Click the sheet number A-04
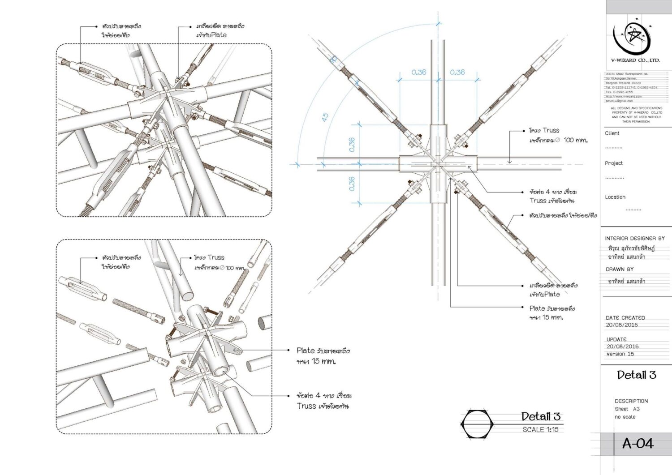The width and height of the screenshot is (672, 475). point(638,444)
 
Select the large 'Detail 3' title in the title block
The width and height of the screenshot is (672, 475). point(636,375)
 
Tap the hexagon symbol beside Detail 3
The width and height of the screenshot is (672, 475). point(477,424)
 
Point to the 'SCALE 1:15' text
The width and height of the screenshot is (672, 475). point(540,430)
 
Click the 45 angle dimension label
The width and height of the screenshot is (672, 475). point(325,116)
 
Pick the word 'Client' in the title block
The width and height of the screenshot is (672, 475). point(612,133)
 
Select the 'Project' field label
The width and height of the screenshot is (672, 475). point(614,163)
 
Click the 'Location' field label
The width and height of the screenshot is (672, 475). point(615,197)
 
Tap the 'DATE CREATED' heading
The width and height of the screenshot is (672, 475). point(625,317)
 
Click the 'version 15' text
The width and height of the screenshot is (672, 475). point(620,354)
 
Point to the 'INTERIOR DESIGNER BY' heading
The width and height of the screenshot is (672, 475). point(635,239)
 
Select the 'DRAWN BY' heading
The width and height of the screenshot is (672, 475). point(620,270)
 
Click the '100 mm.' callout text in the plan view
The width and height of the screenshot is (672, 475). point(576,140)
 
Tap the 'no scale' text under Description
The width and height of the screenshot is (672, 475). point(625,417)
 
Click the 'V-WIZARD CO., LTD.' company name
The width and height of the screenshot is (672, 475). point(635,60)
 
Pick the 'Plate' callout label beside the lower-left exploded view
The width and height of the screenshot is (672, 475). point(306,351)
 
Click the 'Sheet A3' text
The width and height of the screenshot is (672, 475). point(627,409)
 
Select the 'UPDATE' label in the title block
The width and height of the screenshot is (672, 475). point(616,339)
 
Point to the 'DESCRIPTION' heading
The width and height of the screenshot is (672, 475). point(631,401)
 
